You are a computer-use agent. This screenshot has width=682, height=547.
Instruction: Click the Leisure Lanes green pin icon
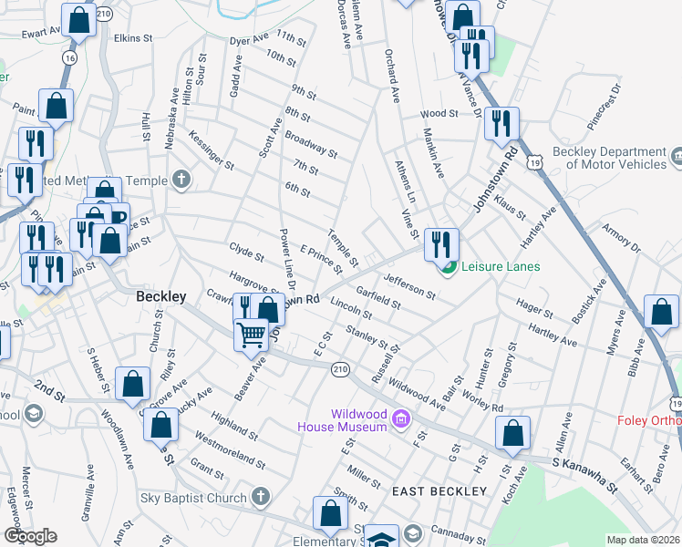[448, 267]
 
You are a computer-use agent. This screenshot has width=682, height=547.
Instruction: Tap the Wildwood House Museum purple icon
[399, 419]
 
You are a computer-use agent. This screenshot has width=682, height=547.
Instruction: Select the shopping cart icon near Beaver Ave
[251, 334]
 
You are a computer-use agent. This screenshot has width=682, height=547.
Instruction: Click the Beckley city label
[160, 296]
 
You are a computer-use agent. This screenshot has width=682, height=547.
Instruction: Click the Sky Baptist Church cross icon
[261, 498]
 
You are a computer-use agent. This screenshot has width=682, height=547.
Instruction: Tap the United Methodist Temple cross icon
[181, 180]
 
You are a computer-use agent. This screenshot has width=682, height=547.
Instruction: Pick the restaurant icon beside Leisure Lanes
[440, 243]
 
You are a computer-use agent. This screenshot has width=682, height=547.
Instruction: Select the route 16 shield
[69, 57]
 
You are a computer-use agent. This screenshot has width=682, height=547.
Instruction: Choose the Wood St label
[439, 114]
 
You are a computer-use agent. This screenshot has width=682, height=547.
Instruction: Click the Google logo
[30, 536]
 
